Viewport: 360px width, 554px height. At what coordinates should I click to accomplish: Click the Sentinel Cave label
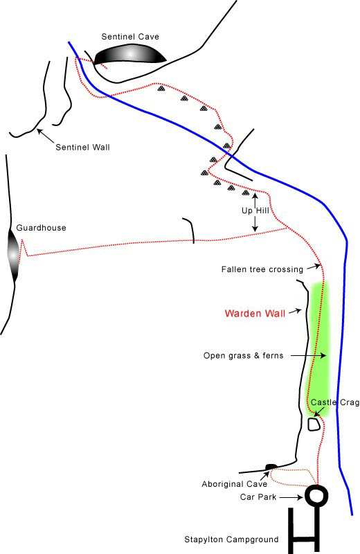tap(130, 37)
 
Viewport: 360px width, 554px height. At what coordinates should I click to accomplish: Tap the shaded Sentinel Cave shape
tap(130, 54)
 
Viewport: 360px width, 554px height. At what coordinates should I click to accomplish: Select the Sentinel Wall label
tap(82, 148)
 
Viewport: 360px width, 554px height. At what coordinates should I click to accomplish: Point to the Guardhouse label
tap(41, 228)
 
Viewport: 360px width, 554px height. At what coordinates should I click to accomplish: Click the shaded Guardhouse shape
tap(13, 254)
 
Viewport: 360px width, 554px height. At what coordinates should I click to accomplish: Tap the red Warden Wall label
tap(255, 314)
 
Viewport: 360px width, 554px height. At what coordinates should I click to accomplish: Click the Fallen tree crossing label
tap(262, 269)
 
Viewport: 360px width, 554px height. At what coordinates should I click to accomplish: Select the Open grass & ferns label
tap(244, 356)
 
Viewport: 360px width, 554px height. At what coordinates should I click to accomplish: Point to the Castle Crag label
tap(335, 402)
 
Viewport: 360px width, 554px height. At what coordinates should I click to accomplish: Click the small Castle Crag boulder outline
tap(314, 425)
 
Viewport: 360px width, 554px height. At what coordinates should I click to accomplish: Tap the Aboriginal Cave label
tap(234, 484)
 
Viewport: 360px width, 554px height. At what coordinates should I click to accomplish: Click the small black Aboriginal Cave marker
tap(271, 467)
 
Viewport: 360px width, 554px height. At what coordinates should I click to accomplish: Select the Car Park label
tap(258, 497)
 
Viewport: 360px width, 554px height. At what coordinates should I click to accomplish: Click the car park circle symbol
tap(316, 494)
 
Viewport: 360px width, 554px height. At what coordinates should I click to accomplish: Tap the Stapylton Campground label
tap(231, 539)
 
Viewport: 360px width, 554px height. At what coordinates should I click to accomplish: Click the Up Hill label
tap(255, 211)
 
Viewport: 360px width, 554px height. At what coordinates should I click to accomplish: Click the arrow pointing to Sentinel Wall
tap(46, 135)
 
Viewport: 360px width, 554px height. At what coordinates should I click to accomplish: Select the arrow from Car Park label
tap(291, 497)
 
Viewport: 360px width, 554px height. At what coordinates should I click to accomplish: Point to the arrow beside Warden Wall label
tap(295, 312)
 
